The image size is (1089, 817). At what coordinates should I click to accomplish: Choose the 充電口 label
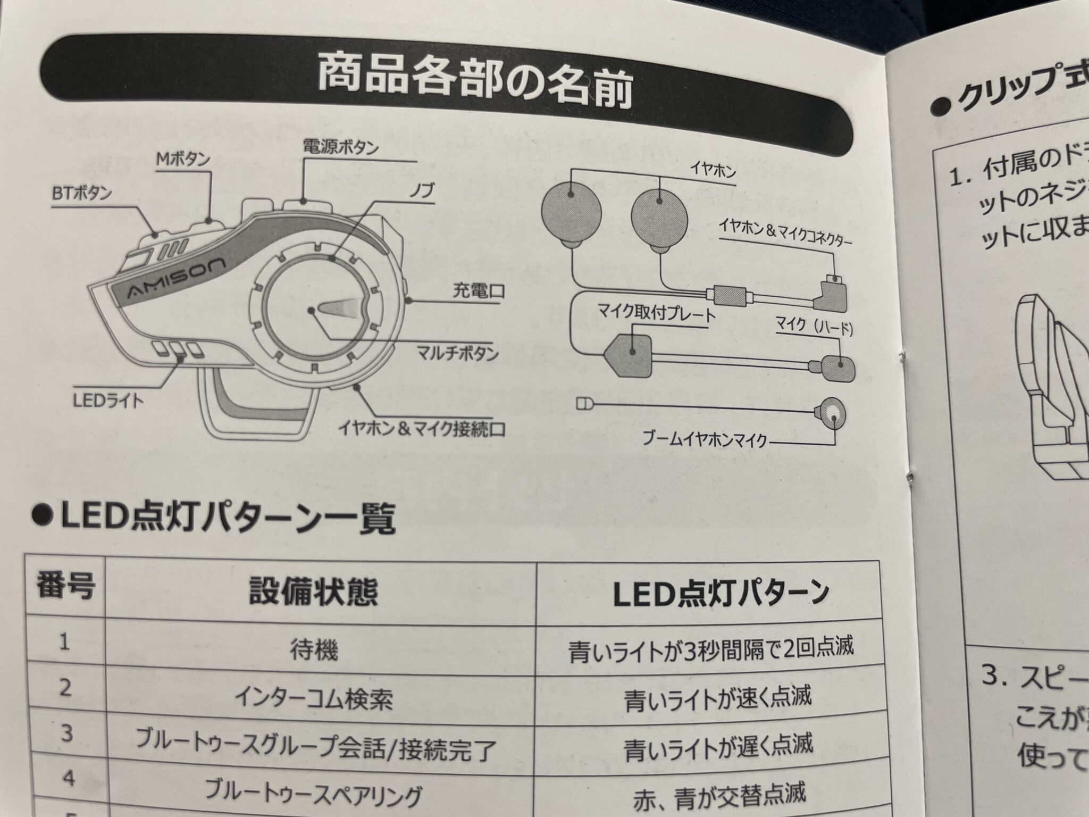478,291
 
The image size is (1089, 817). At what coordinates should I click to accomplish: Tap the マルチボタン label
457,353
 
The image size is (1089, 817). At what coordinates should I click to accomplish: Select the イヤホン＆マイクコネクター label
785,234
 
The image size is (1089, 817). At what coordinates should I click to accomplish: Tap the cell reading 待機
314,649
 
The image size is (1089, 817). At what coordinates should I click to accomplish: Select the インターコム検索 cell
313,698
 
